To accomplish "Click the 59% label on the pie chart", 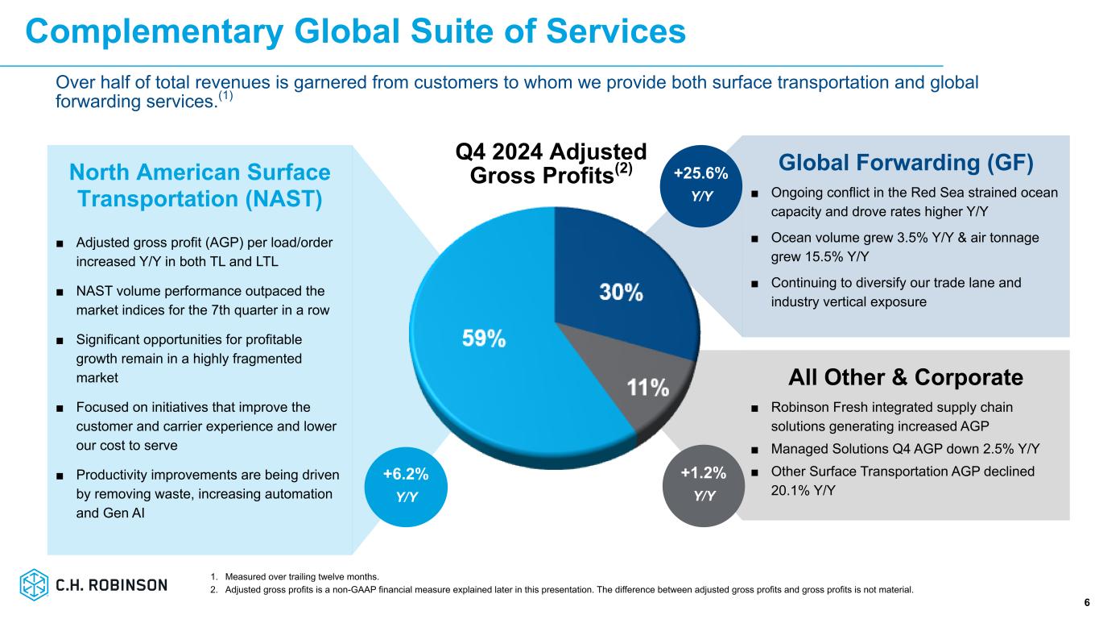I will pyautogui.click(x=483, y=339).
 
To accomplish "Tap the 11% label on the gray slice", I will pyautogui.click(x=648, y=388).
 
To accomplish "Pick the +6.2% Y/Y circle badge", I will pyautogui.click(x=407, y=484).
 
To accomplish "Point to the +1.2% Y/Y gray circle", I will pyautogui.click(x=704, y=484).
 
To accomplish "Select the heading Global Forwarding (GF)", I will pyautogui.click(x=906, y=163).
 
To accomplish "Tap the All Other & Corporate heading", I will pyautogui.click(x=906, y=377).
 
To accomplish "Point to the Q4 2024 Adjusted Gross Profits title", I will pyautogui.click(x=551, y=163).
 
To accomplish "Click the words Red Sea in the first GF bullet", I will pyautogui.click(x=909, y=193).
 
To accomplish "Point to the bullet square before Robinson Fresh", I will pyautogui.click(x=754, y=408).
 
